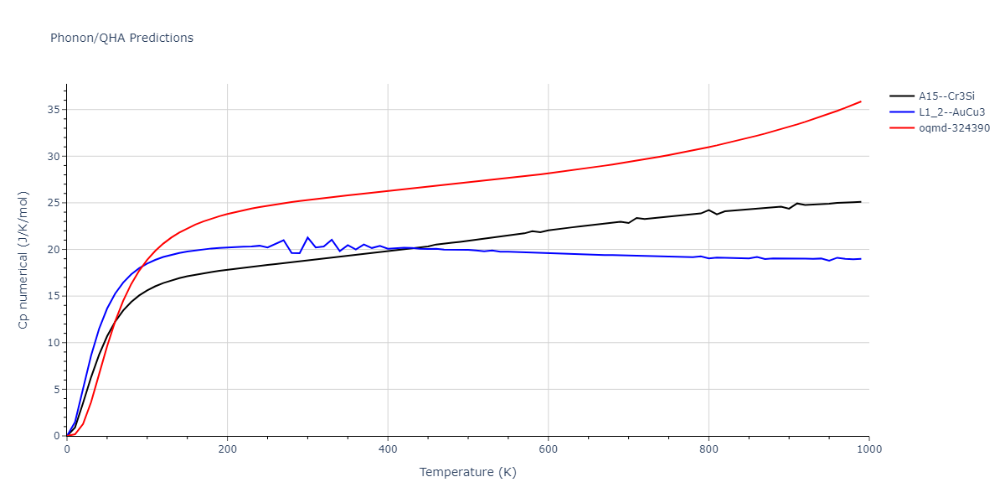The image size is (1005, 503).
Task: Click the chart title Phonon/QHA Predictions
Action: pos(121,38)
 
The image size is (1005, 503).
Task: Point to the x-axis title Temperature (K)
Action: pos(468,472)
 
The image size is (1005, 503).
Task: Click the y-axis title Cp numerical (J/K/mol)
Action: pos(24,260)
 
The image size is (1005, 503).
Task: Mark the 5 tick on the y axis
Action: pos(55,390)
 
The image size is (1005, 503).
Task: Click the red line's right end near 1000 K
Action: pos(860,101)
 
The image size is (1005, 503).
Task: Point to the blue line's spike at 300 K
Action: pos(307,237)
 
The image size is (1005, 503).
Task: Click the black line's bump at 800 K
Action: pos(709,210)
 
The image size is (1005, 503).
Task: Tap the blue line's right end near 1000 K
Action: pos(860,259)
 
